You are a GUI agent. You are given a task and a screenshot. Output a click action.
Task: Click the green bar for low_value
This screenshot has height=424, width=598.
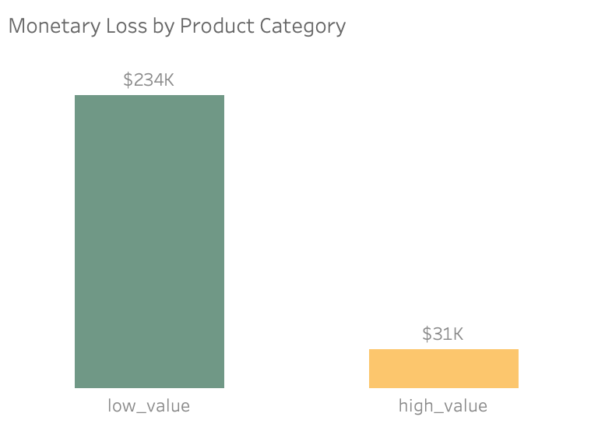click(x=149, y=242)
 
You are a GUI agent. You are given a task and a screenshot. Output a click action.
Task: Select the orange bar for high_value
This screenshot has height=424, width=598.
click(x=443, y=369)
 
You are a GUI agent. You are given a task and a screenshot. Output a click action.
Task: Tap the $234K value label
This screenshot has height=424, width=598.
click(x=149, y=79)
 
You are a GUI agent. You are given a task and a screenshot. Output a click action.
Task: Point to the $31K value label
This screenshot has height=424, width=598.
click(x=442, y=334)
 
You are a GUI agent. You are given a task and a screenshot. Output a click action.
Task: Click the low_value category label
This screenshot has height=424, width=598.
click(x=149, y=406)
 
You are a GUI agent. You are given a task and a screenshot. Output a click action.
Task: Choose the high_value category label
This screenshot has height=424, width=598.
click(x=442, y=406)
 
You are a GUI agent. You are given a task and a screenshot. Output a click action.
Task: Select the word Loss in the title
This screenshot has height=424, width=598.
click(x=121, y=26)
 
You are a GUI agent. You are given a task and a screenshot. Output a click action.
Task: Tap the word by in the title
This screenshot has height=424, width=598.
click(x=161, y=26)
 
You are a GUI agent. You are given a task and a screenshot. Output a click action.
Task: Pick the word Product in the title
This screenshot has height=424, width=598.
click(x=213, y=26)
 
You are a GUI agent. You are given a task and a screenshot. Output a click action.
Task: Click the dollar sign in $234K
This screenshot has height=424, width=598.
click(x=128, y=79)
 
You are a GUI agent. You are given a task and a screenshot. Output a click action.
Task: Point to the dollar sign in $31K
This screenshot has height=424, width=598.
click(x=427, y=334)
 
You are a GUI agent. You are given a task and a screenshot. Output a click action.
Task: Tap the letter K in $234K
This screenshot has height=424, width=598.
click(x=169, y=79)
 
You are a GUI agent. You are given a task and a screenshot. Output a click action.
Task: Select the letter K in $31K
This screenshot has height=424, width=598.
click(x=458, y=334)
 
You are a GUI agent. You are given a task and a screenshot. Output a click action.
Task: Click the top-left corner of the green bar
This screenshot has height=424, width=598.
click(x=76, y=96)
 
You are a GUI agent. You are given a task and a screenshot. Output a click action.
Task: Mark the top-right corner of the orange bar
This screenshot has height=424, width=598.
click(x=518, y=350)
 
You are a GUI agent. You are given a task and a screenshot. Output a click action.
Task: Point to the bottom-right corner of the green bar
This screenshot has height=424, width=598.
click(x=223, y=387)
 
